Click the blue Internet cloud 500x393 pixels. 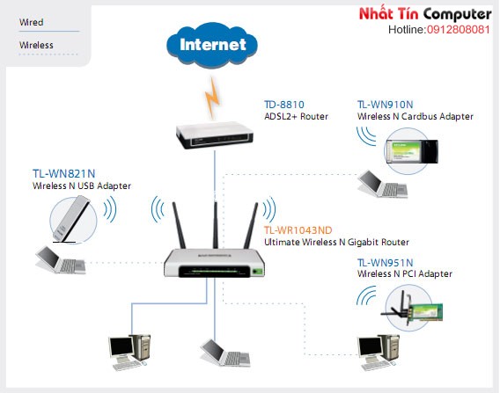coord(212,45)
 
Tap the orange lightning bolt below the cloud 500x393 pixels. coord(212,97)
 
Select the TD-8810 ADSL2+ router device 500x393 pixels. coord(215,136)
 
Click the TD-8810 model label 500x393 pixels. coord(284,105)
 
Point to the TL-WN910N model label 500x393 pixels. coord(386,105)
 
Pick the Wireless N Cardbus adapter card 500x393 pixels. coord(412,151)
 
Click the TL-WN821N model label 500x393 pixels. coord(63,173)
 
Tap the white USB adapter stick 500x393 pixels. coord(71,218)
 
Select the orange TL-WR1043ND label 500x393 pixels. coord(298,230)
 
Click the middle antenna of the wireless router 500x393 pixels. coord(216,224)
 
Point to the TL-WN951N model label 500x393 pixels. coord(386,263)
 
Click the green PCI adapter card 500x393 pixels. coord(425,312)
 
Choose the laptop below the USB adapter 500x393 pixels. coord(60,259)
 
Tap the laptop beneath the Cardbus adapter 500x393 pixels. coord(383,184)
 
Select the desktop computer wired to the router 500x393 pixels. coord(129,353)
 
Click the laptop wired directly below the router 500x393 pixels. coord(225,353)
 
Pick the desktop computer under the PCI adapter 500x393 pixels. coord(379,353)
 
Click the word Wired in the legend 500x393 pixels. coord(32,22)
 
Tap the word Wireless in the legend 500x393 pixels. coord(36,45)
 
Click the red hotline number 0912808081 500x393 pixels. coord(459,30)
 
